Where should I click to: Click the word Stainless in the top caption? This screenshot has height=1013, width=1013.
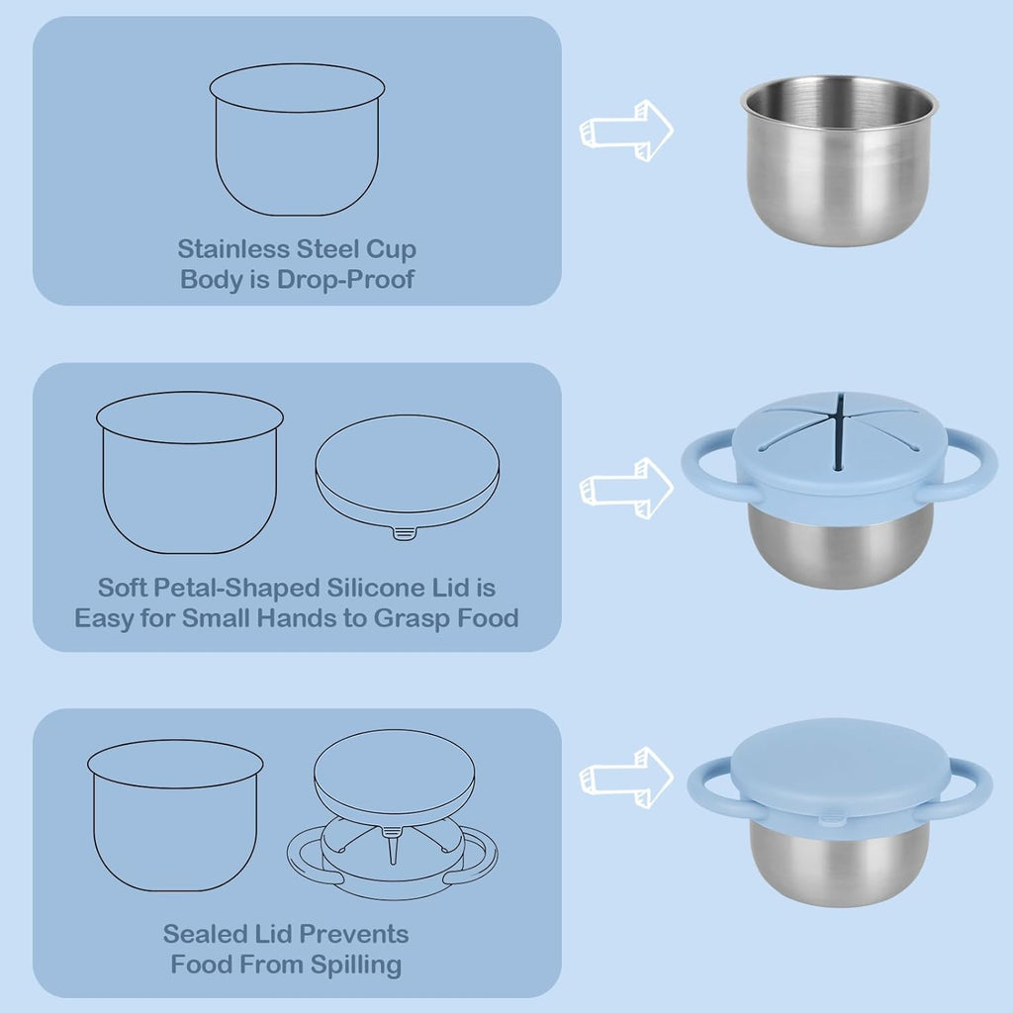[x=233, y=248]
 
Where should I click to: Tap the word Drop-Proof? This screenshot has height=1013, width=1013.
[x=345, y=279]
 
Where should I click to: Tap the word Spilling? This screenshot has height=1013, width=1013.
[x=356, y=966]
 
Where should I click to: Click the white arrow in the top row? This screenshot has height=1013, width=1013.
[x=626, y=131]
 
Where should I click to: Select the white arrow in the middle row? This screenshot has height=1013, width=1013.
[x=626, y=488]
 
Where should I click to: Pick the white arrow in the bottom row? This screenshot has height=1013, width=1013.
[x=626, y=778]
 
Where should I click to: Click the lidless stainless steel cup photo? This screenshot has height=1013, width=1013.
[x=839, y=161]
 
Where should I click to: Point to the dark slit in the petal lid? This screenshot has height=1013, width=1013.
[x=839, y=433]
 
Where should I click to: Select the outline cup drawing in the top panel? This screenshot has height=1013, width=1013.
[x=297, y=139]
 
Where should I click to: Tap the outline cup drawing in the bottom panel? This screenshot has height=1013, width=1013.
[x=175, y=815]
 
